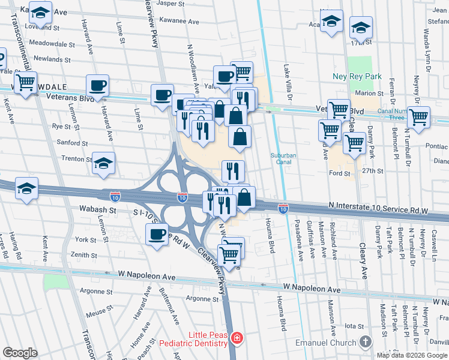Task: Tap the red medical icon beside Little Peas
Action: pyautogui.click(x=237, y=339)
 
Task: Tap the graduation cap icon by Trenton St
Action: pyautogui.click(x=103, y=163)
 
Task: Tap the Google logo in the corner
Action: pyautogui.click(x=20, y=353)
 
